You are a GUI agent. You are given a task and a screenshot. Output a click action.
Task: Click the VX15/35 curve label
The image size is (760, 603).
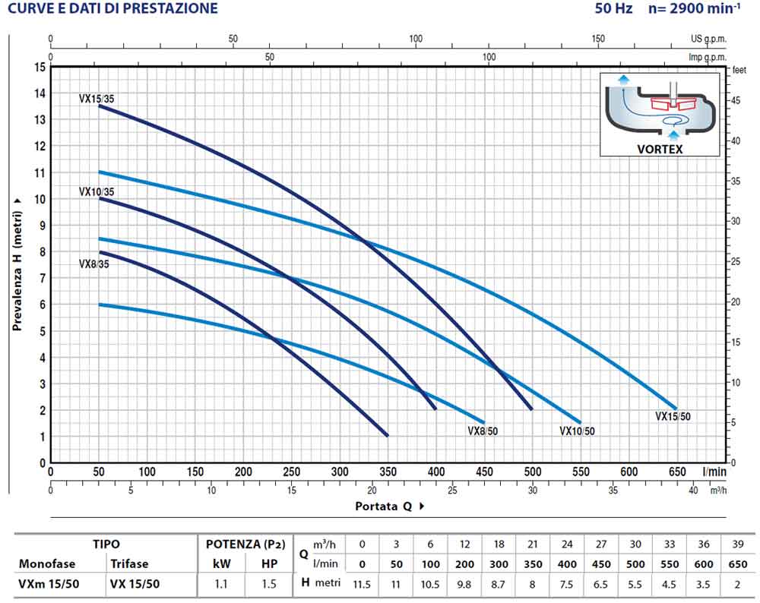pos(97,99)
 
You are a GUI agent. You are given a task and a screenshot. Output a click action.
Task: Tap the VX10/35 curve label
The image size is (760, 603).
pos(97,191)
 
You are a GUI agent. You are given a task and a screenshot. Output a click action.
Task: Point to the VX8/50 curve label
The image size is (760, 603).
pos(483,431)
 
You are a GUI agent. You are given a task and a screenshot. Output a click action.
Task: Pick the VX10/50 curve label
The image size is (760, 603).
pos(577,431)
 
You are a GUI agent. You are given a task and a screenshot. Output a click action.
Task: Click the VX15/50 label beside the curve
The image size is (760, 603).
pos(673,416)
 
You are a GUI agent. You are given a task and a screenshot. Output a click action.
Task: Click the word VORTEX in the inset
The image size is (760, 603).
pos(659,150)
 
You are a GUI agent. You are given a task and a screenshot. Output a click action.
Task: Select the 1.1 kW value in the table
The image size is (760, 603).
pos(220,584)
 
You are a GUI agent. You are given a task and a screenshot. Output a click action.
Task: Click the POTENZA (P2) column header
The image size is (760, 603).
pos(245,544)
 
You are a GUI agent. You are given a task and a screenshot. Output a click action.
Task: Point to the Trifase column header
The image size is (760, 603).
pos(129,564)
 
